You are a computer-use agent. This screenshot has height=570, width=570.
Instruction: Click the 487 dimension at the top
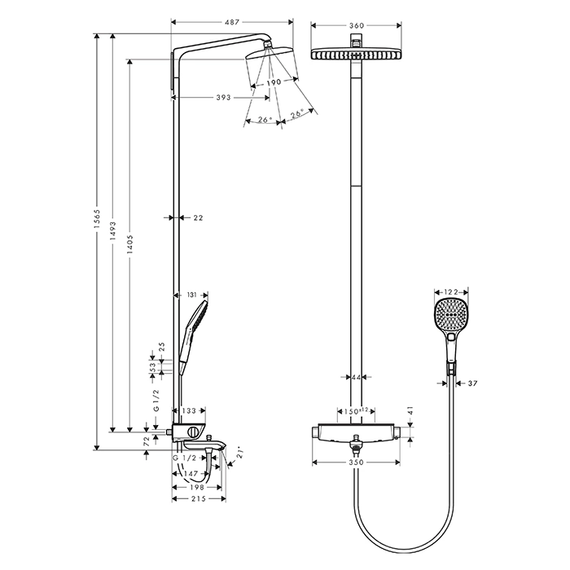(232, 22)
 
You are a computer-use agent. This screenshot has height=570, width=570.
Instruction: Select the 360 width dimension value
(357, 25)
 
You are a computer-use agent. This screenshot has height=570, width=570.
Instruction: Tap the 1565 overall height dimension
(97, 219)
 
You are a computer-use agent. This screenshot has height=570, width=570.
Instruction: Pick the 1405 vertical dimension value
(130, 244)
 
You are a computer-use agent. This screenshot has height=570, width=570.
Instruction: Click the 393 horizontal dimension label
(223, 98)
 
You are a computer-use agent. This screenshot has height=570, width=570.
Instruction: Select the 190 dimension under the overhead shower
(274, 82)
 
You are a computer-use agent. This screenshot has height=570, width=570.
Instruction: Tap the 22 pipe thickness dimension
(198, 217)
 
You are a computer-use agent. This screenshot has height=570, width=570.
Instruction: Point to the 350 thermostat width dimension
(357, 463)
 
